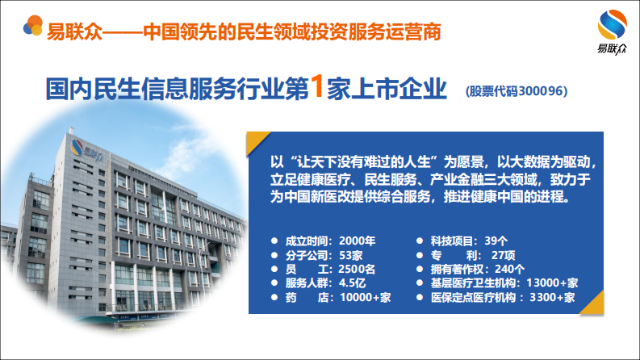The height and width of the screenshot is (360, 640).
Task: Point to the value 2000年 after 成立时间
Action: (358, 241)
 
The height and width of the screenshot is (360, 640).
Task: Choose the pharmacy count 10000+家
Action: (364, 298)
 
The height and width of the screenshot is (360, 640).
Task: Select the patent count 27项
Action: (503, 255)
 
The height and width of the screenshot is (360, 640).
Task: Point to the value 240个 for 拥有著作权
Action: (508, 269)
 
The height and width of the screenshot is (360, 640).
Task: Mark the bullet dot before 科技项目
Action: (420, 241)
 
